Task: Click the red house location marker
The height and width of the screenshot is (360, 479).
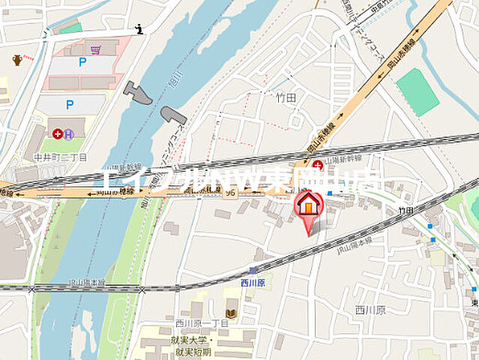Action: point(308,204)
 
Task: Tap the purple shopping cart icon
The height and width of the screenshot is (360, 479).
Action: point(95,50)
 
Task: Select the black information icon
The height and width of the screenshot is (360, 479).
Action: point(139,29)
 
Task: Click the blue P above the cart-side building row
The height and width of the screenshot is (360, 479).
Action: point(82,63)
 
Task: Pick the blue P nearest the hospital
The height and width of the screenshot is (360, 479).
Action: point(69,105)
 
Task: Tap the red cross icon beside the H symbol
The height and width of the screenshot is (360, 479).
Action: point(57,133)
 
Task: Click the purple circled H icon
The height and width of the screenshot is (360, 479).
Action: point(68,134)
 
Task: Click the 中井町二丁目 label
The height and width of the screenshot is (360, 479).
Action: point(65,157)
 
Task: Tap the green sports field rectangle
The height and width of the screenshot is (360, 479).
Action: point(418,91)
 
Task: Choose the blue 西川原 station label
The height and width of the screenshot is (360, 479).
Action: point(253,283)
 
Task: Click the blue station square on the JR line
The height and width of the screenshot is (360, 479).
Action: point(253,270)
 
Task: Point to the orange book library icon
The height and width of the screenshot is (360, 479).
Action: point(231,312)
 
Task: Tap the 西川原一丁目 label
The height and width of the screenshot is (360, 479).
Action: point(197,323)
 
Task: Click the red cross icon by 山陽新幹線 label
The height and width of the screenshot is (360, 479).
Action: point(318,164)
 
